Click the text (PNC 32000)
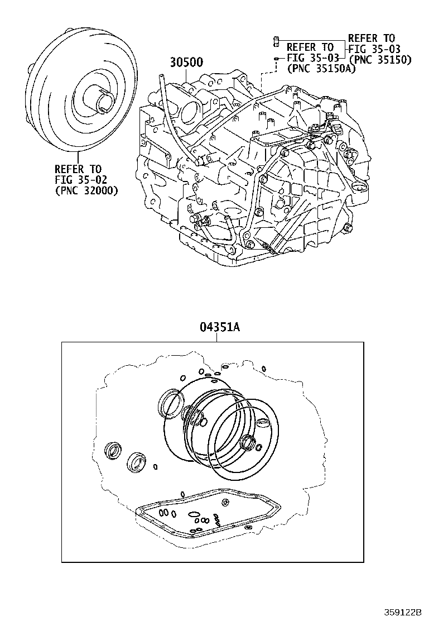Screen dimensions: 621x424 tap(86, 190)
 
